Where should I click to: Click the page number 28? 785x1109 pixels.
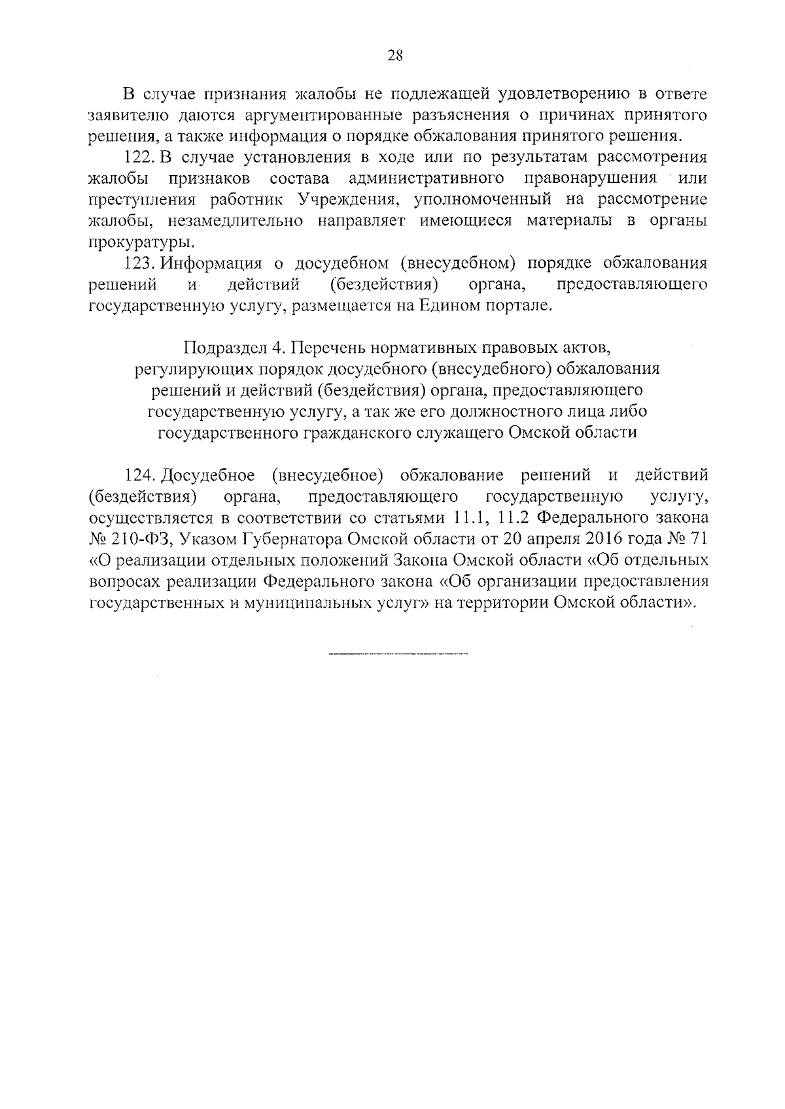pos(395,56)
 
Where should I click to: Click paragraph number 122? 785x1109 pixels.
pos(138,157)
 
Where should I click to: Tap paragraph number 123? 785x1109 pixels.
pos(138,263)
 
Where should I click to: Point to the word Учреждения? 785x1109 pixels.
pos(347,200)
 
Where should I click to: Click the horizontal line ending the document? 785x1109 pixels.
pos(398,654)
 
